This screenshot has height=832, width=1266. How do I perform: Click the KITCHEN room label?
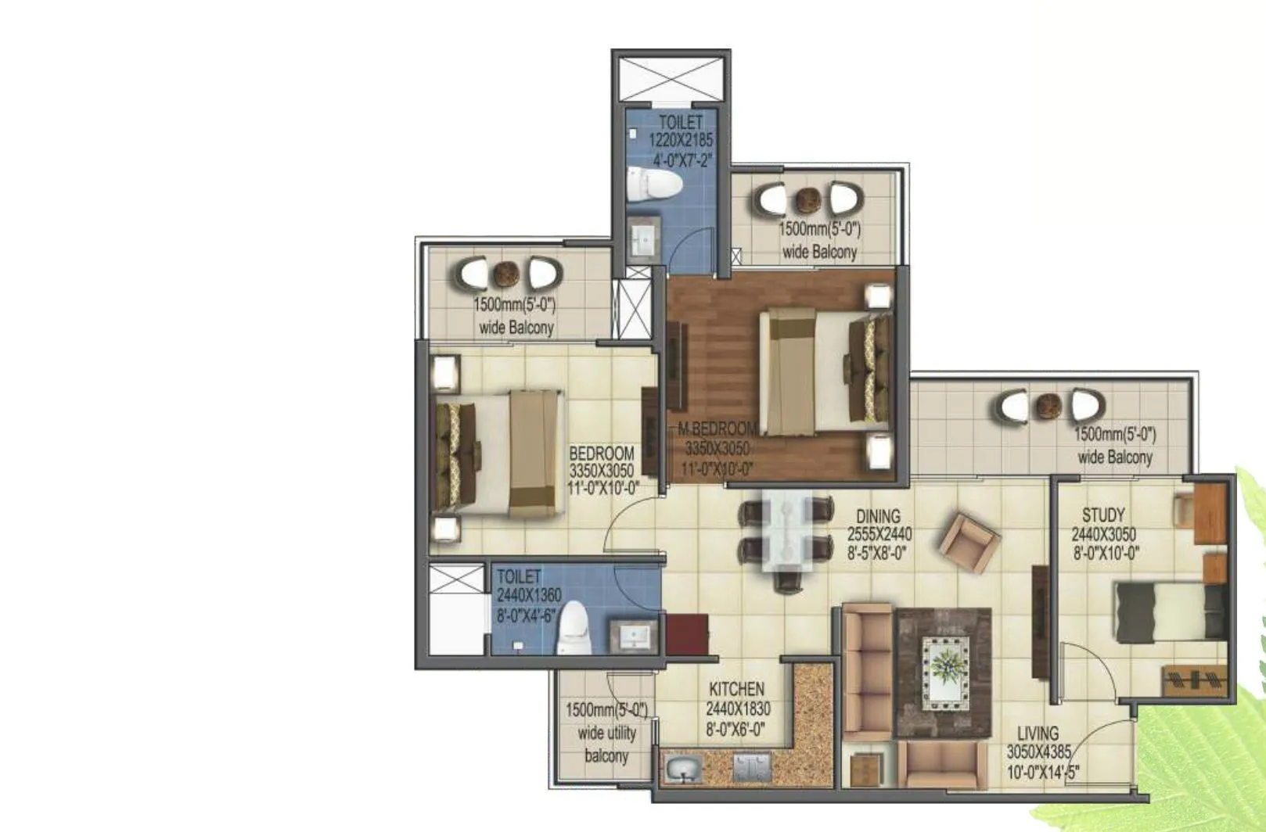[736, 689]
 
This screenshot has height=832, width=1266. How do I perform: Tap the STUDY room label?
[1103, 515]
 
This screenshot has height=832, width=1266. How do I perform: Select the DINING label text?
[878, 516]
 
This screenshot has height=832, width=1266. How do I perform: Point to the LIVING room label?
[1038, 733]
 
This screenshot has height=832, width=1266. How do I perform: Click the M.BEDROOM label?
[718, 429]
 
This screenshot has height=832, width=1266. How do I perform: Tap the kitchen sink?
[683, 769]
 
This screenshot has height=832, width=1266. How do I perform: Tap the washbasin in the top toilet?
[646, 239]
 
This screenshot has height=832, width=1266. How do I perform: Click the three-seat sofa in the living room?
[866, 670]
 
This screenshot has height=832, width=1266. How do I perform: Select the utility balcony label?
[606, 733]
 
